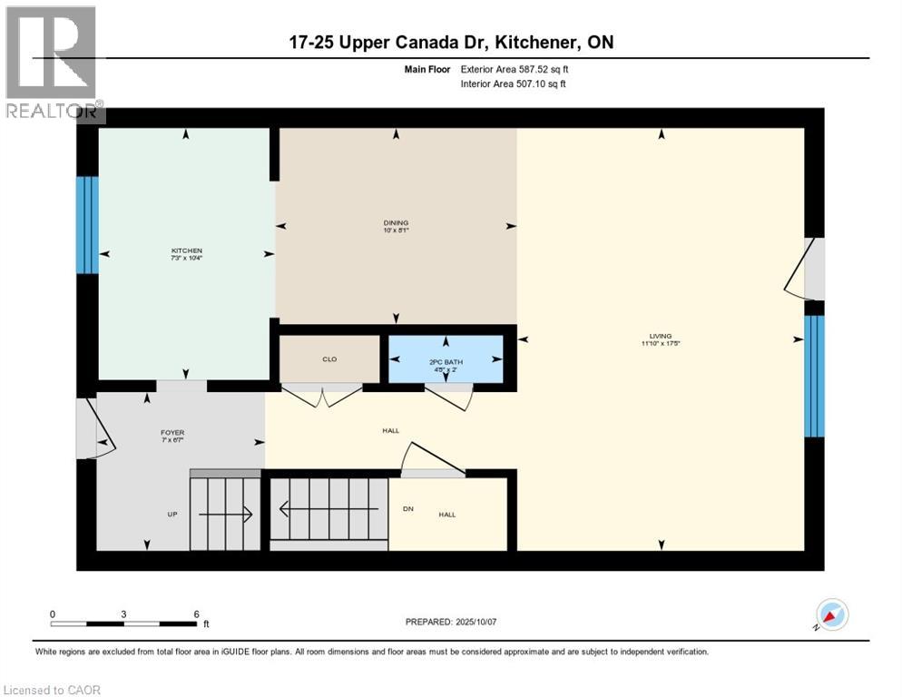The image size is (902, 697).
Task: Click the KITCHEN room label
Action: click(x=187, y=250)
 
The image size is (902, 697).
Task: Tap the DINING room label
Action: click(x=396, y=222)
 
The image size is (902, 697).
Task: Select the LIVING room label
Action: click(x=661, y=336)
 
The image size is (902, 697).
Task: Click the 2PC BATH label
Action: click(x=446, y=361)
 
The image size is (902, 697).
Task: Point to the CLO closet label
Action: click(x=329, y=359)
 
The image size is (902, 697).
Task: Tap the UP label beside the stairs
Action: click(x=172, y=515)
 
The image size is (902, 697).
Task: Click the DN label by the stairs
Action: click(x=408, y=508)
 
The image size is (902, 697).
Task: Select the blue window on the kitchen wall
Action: click(x=86, y=224)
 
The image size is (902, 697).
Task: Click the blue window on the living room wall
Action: click(x=815, y=376)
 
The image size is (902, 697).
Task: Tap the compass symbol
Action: click(x=831, y=616)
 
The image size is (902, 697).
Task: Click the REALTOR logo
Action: click(x=53, y=64)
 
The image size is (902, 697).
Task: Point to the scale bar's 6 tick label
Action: click(x=196, y=614)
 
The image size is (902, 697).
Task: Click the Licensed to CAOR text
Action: click(x=52, y=690)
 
